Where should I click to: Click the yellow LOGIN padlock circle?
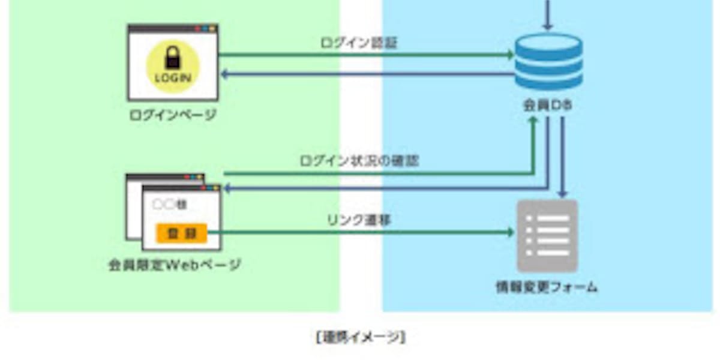pyautogui.click(x=173, y=65)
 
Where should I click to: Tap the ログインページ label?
pyautogui.click(x=173, y=115)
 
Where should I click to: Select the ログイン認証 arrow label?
pyautogui.click(x=359, y=42)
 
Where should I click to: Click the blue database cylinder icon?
pyautogui.click(x=549, y=61)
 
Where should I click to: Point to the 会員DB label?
pyautogui.click(x=547, y=106)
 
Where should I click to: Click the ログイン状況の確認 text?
pyautogui.click(x=359, y=161)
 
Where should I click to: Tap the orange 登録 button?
pyautogui.click(x=181, y=233)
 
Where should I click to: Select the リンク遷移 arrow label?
pyautogui.click(x=359, y=220)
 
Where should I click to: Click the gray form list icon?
pyautogui.click(x=547, y=236)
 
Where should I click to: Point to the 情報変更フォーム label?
pyautogui.click(x=547, y=287)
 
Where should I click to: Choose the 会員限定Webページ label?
pyautogui.click(x=175, y=265)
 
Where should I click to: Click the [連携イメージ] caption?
pyautogui.click(x=360, y=337)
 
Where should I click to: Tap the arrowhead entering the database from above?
pyautogui.click(x=547, y=27)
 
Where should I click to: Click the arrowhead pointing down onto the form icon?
pyautogui.click(x=562, y=194)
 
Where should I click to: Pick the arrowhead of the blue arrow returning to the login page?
pyautogui.click(x=224, y=74)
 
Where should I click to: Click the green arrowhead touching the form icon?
pyautogui.click(x=512, y=232)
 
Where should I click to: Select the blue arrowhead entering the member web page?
pyautogui.click(x=226, y=188)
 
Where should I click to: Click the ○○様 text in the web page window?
pyautogui.click(x=170, y=205)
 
